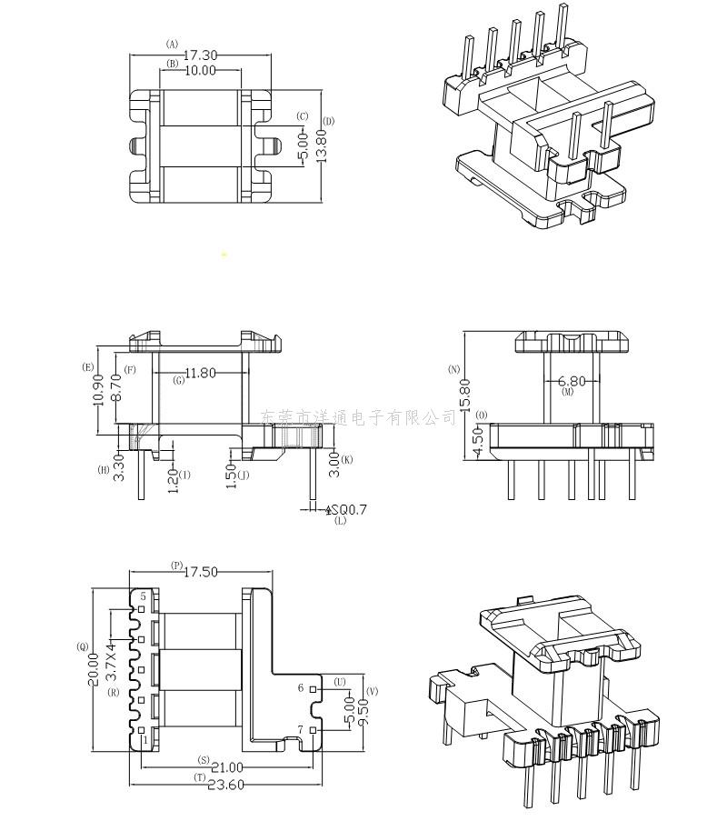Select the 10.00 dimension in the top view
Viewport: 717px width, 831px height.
201,70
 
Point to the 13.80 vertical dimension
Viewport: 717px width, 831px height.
320,144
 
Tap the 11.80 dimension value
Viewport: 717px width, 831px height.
200,373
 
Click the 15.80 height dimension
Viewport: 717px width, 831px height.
465,396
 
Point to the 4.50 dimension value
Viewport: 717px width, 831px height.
479,445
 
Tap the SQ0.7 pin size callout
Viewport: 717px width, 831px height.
346,509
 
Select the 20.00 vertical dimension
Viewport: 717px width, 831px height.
95,669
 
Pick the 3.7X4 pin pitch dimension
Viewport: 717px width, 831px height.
111,664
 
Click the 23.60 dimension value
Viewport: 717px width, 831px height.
226,786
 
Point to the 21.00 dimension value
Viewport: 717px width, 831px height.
225,768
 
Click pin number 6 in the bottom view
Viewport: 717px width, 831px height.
301,688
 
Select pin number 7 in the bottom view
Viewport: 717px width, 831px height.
301,730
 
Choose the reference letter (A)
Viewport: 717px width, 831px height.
172,43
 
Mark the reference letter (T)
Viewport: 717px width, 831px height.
199,777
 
